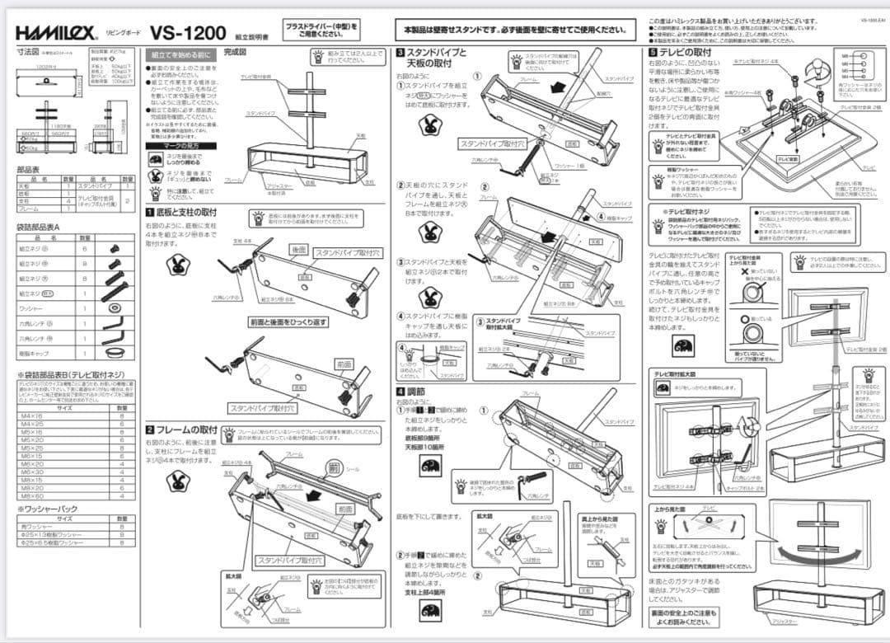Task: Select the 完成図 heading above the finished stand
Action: click(236, 52)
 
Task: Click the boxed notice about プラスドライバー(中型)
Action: click(322, 30)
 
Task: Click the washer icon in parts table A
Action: click(113, 307)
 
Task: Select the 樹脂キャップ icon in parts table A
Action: click(113, 352)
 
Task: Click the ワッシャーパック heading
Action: click(48, 509)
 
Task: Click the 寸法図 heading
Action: click(28, 51)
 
